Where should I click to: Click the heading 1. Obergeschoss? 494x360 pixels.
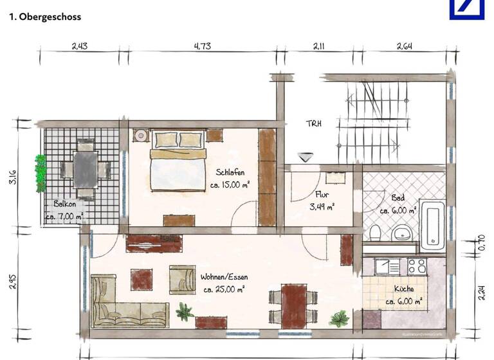(45, 17)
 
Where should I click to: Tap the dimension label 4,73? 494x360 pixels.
(202, 46)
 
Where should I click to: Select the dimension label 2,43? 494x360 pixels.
(80, 46)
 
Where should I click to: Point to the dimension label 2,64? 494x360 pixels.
(404, 46)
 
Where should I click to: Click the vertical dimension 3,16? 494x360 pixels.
(12, 177)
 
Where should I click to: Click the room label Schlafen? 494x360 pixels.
(230, 172)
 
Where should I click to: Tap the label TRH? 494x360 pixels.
(314, 123)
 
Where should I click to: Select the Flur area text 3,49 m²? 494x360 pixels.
(322, 207)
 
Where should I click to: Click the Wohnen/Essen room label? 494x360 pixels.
(224, 277)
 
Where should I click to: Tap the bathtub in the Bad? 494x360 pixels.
(431, 225)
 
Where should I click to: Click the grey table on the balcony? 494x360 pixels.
(85, 168)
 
